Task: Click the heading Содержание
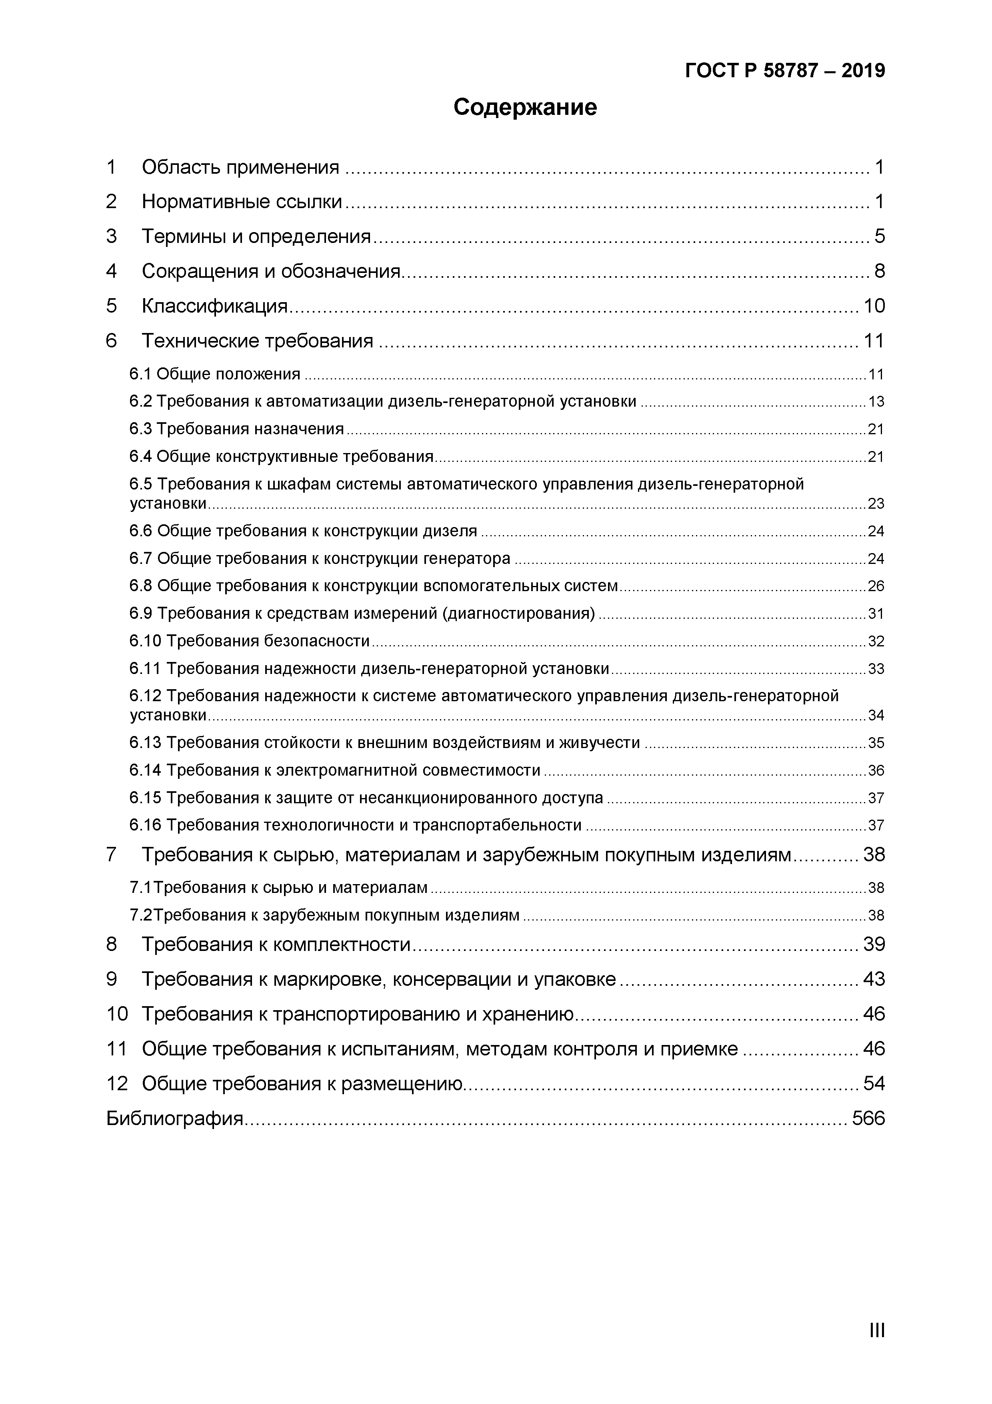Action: tap(525, 108)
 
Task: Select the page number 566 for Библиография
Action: tap(868, 1118)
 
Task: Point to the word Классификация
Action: tap(214, 306)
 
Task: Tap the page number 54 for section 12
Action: tap(874, 1083)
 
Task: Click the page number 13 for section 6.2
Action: tap(876, 402)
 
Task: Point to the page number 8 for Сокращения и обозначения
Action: tap(879, 271)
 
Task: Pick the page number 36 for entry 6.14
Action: tap(876, 770)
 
